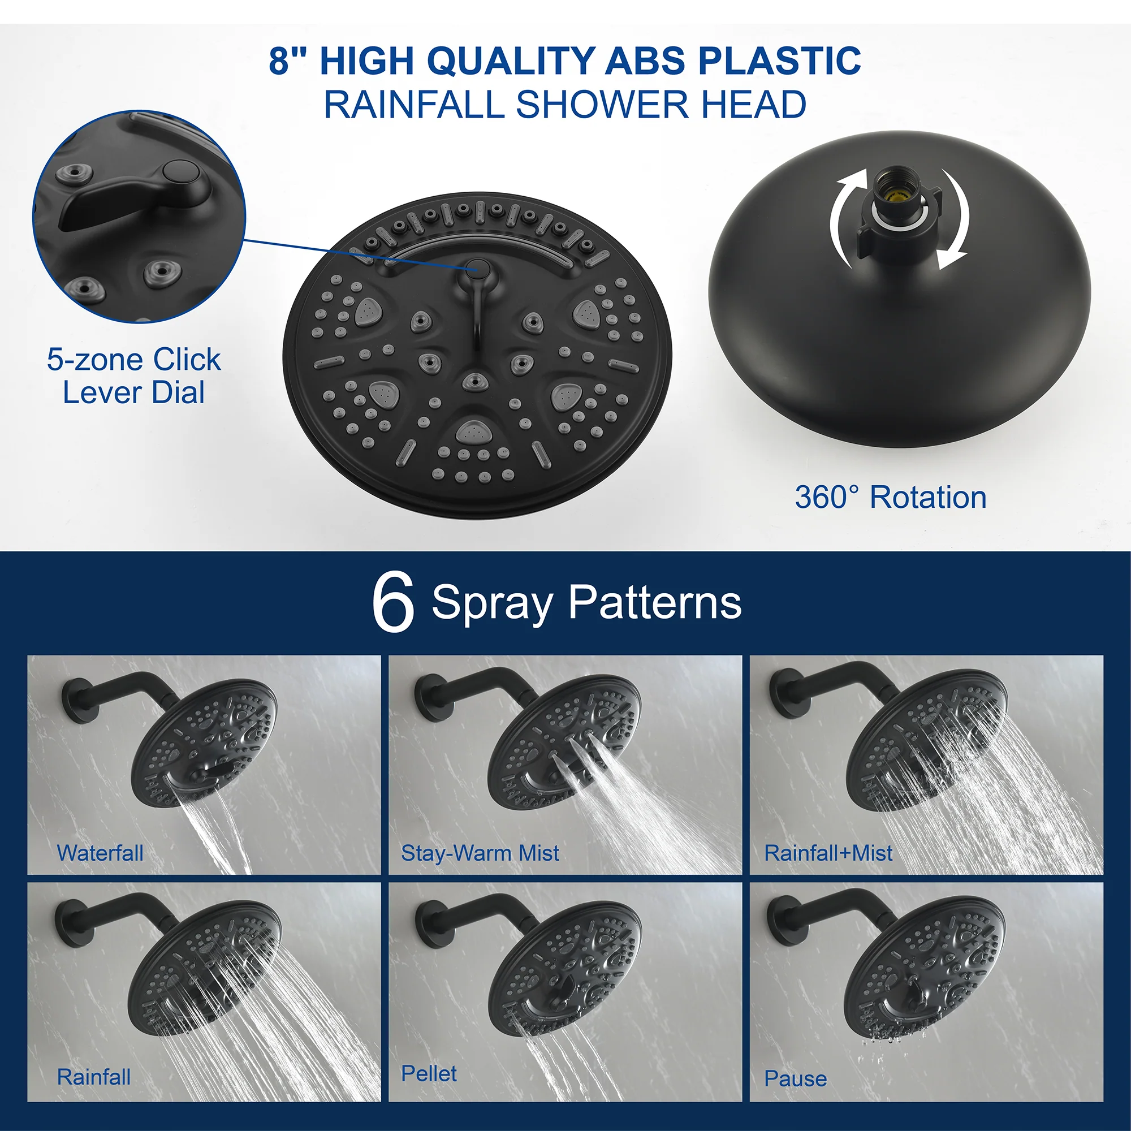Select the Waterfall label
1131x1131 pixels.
(100, 853)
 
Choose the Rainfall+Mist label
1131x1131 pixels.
(828, 853)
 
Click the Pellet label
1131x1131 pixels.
(429, 1074)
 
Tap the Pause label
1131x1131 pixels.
(796, 1078)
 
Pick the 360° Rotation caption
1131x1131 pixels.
(891, 498)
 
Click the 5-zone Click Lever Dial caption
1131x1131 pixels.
(134, 376)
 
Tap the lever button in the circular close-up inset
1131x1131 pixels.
(178, 172)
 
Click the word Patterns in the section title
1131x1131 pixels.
(655, 602)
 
